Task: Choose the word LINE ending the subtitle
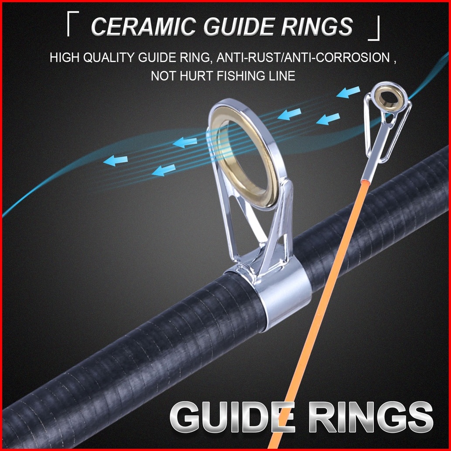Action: [x=281, y=76]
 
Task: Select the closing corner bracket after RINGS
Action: [x=374, y=31]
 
